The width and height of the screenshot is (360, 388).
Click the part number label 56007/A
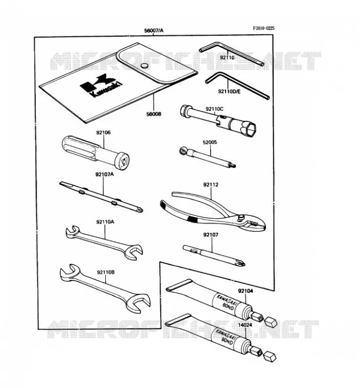(x=153, y=31)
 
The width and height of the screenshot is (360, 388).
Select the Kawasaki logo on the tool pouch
(x=101, y=86)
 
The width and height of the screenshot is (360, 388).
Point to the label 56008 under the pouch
(x=153, y=114)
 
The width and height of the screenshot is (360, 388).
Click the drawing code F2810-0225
(x=263, y=28)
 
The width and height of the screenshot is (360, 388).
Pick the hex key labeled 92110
(x=232, y=53)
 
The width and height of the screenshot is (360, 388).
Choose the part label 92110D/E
(x=229, y=92)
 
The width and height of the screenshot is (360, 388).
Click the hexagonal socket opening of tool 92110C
(x=251, y=127)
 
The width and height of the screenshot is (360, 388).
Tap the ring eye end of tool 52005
(x=182, y=150)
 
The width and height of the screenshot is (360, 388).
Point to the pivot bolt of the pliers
(x=241, y=217)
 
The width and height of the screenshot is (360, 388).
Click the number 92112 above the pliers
(x=211, y=185)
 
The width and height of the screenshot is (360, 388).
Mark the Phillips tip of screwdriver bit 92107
(x=240, y=262)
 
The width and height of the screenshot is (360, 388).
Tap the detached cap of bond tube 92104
(x=270, y=322)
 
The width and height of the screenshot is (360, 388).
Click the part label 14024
(x=245, y=325)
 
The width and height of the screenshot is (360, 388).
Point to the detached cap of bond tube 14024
(x=269, y=356)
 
